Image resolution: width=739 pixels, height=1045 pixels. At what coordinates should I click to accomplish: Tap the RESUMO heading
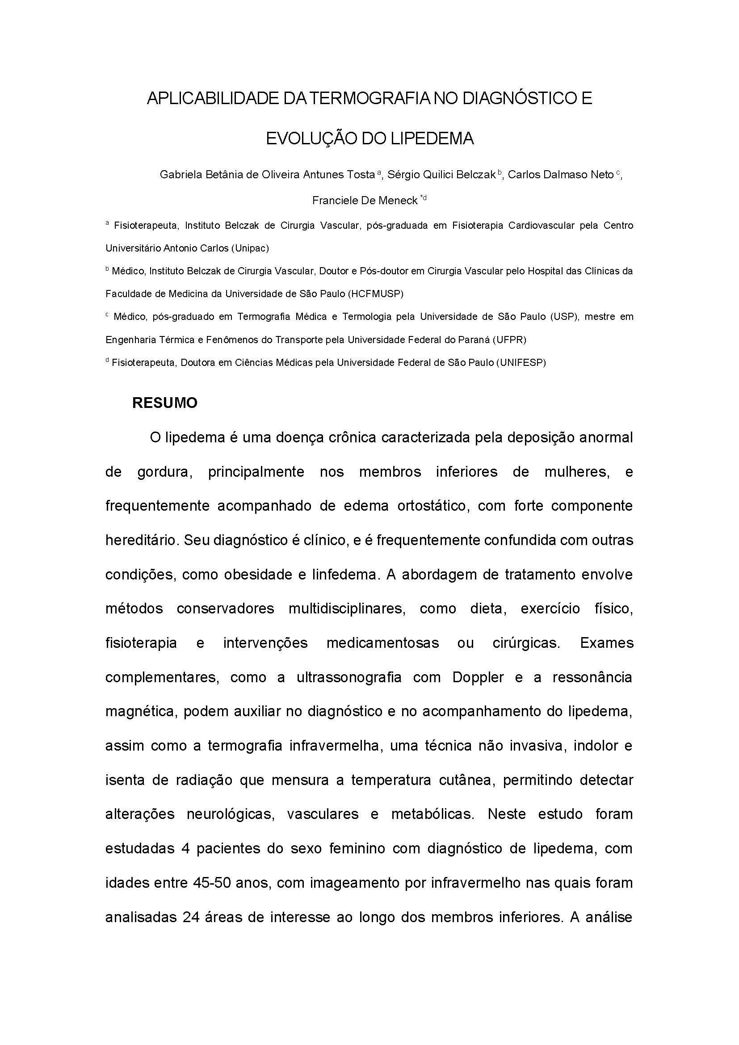pos(165,403)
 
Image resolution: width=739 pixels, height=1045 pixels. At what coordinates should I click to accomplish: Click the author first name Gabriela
pos(179,175)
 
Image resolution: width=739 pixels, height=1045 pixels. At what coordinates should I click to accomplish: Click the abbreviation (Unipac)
pos(250,248)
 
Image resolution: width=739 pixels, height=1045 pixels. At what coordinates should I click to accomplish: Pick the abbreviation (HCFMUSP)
pos(375,294)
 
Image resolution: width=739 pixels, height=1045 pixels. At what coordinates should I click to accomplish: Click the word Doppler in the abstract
pos(478,677)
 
